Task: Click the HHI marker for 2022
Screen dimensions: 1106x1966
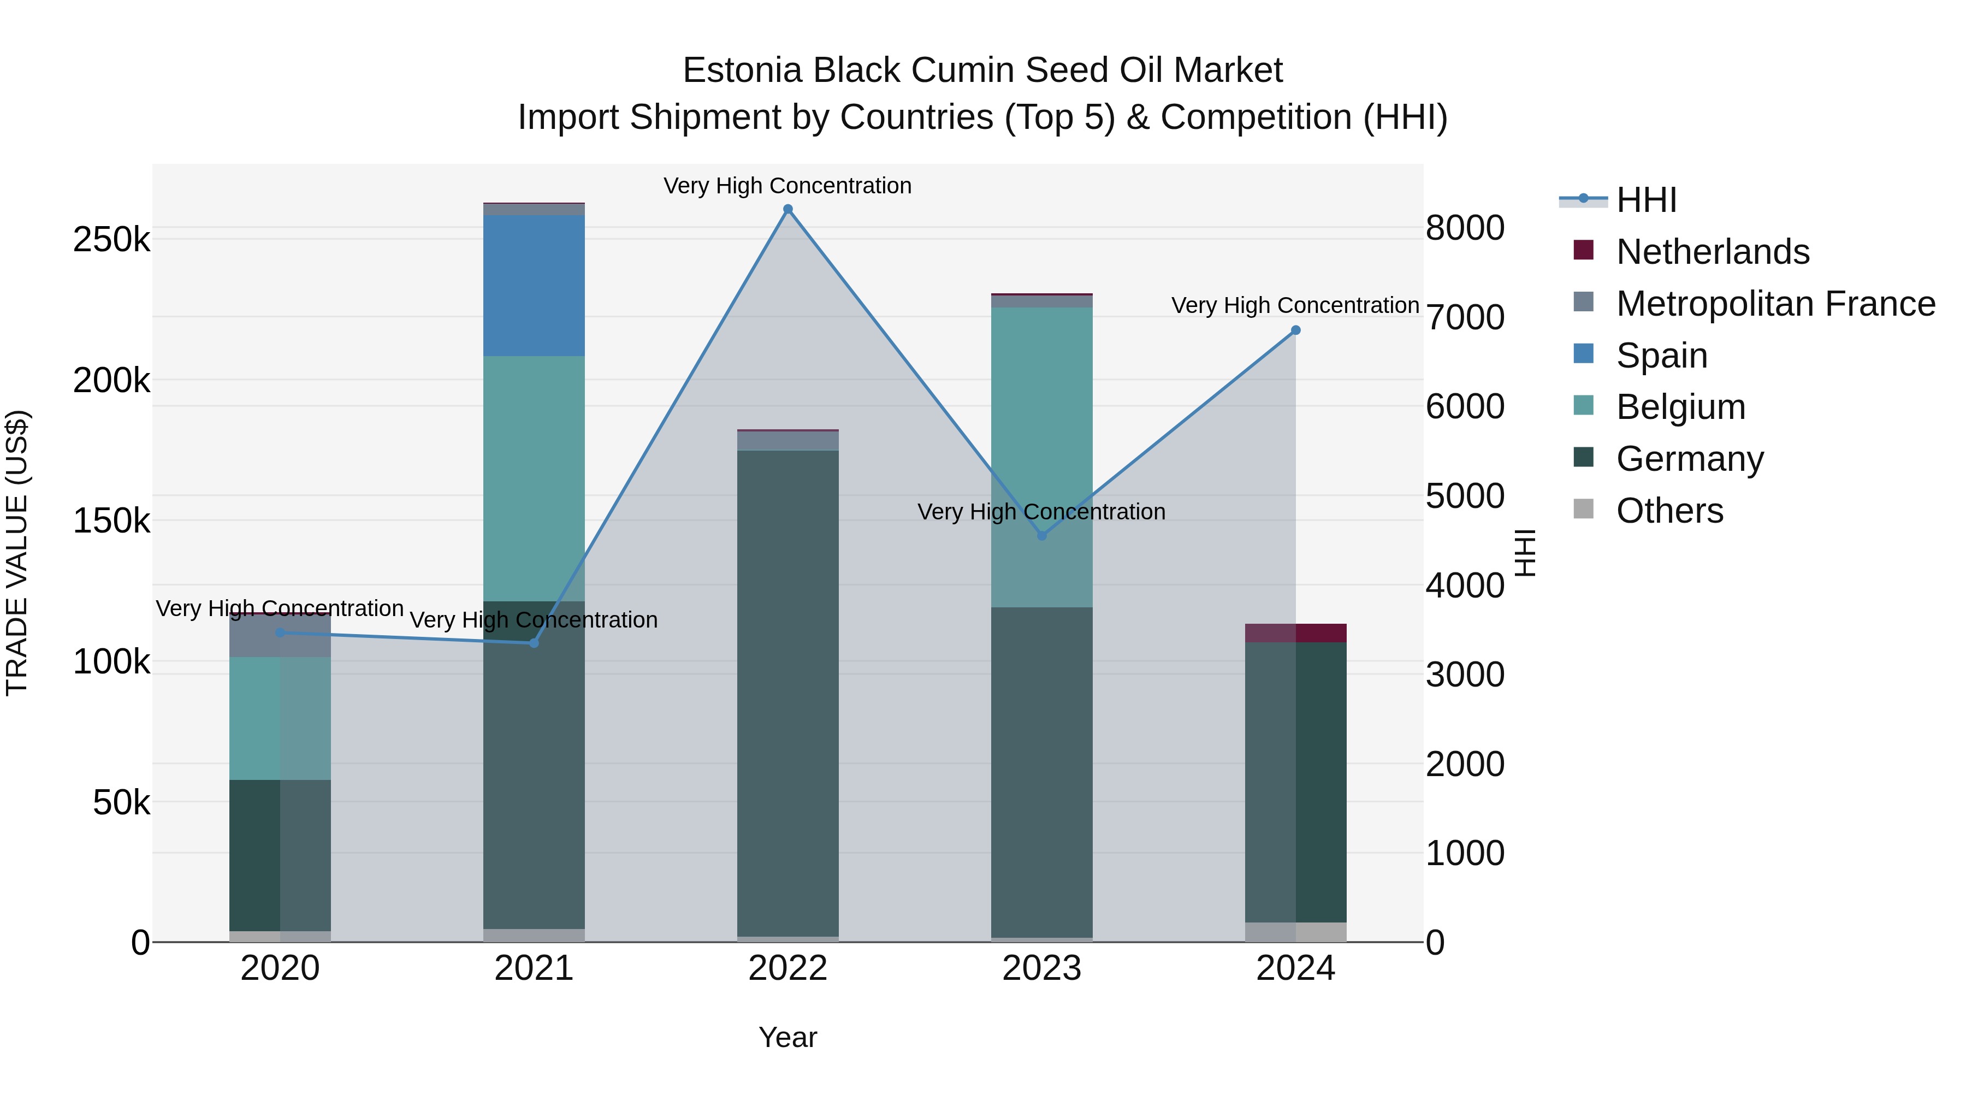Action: [x=787, y=209]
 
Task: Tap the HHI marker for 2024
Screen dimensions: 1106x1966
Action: [x=1295, y=330]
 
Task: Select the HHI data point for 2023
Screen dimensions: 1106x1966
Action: [x=1042, y=536]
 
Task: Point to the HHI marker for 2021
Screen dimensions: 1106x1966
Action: [x=534, y=643]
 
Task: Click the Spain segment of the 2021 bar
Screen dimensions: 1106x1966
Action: [x=534, y=286]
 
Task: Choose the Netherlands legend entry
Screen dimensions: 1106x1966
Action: [x=1712, y=252]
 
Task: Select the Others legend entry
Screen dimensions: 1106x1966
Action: [x=1669, y=511]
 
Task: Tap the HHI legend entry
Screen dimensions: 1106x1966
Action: [x=1646, y=200]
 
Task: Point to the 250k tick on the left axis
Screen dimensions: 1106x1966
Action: [x=111, y=240]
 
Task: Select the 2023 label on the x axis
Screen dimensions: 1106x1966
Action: [x=1042, y=968]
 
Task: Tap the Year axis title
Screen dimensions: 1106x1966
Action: [x=787, y=1037]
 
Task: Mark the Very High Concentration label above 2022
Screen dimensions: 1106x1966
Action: [x=787, y=186]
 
